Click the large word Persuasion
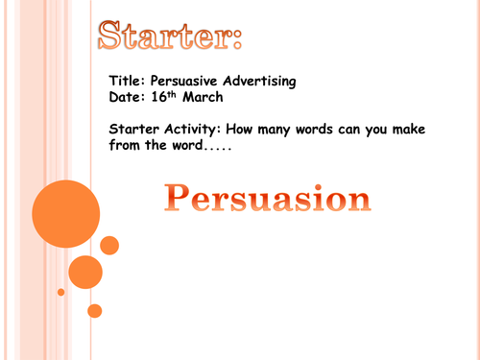pyautogui.click(x=267, y=199)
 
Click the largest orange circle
pyautogui.click(x=65, y=214)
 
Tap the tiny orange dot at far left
pyautogui.click(x=61, y=292)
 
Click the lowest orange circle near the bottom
pyautogui.click(x=94, y=311)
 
